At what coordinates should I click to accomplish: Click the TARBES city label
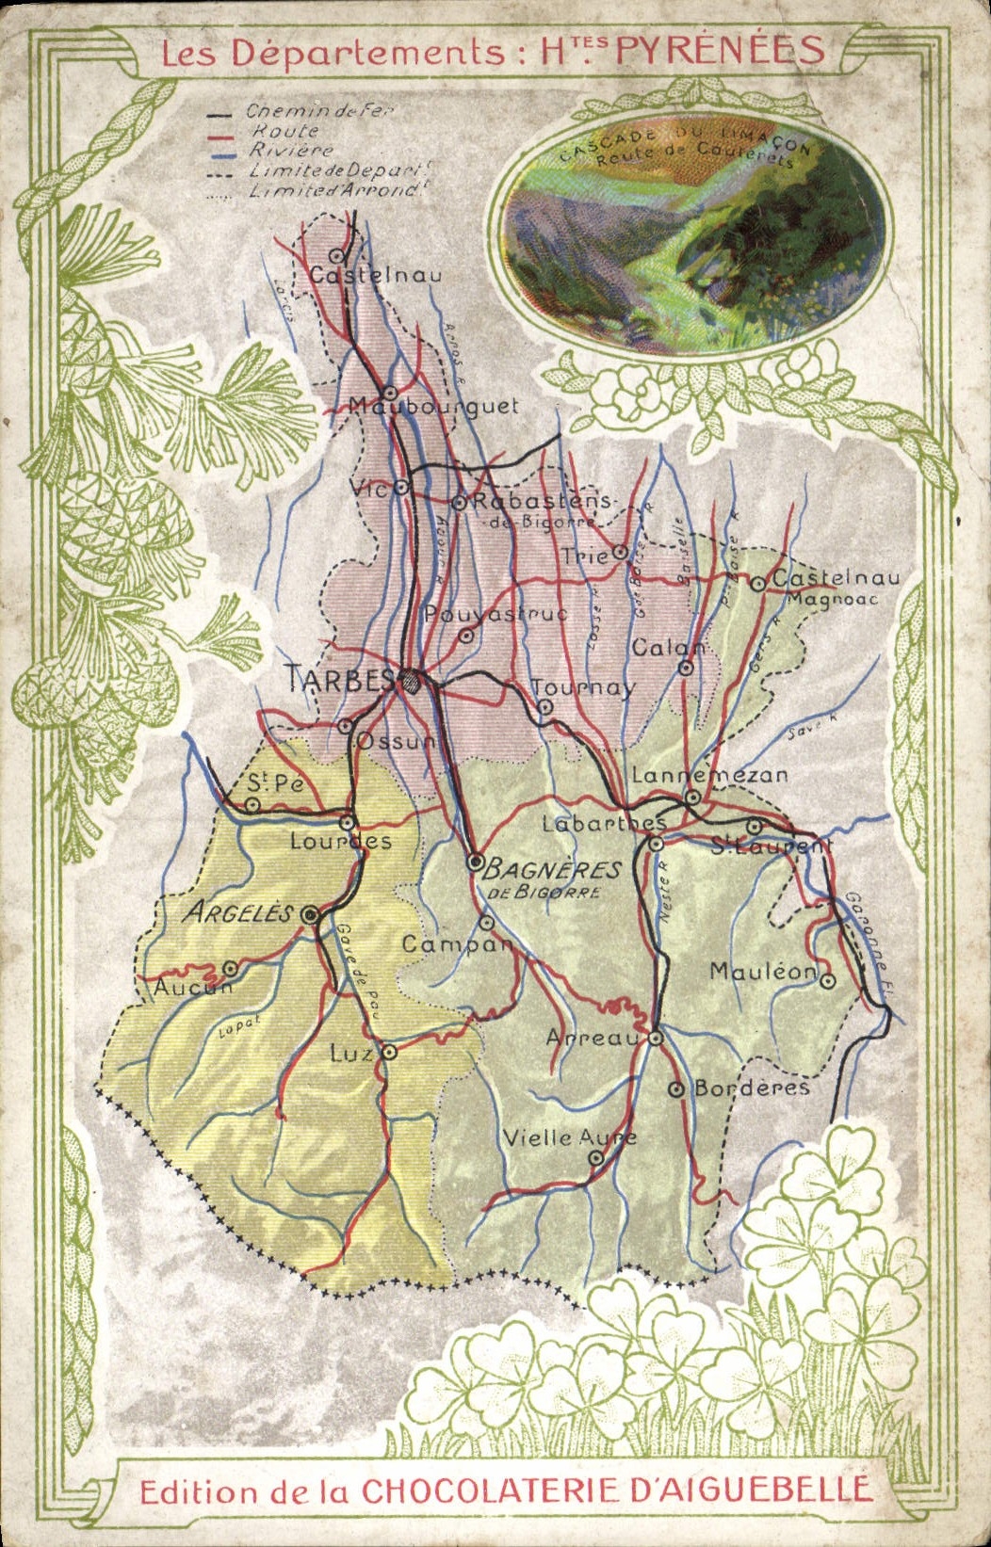(340, 679)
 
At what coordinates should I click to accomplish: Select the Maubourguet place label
(434, 407)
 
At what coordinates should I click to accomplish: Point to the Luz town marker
(388, 1052)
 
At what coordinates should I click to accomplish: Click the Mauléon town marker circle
(827, 980)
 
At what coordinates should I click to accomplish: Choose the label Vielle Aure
(569, 1137)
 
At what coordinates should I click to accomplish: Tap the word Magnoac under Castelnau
(833, 599)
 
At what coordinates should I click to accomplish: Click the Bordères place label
(752, 1088)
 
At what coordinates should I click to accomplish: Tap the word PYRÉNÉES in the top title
(721, 51)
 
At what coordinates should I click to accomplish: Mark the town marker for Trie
(619, 551)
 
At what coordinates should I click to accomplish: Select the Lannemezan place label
(709, 775)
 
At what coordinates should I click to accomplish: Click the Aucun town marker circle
(230, 967)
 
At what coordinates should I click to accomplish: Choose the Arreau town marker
(656, 1038)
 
